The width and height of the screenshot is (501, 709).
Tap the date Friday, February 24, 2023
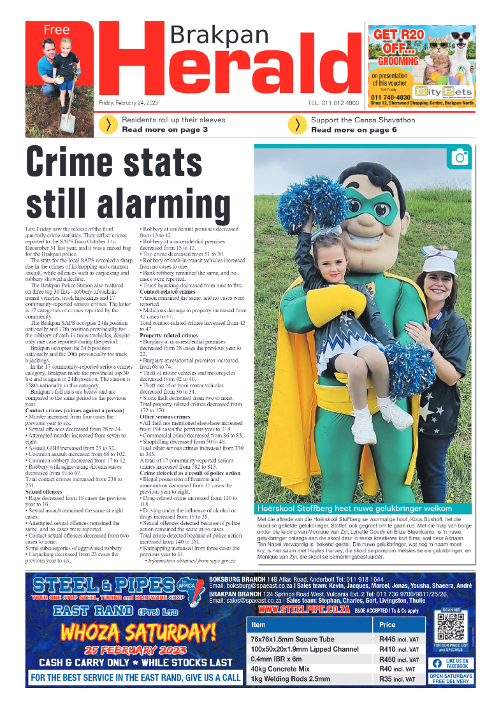128,103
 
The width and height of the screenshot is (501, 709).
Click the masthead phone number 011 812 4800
334,103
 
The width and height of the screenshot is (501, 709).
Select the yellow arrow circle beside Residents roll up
109,125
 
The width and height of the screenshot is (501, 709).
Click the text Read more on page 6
354,130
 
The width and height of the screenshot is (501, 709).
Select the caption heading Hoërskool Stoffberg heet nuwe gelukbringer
354,508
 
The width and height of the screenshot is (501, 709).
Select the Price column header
388,625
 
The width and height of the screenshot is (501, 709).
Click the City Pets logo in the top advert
442,91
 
